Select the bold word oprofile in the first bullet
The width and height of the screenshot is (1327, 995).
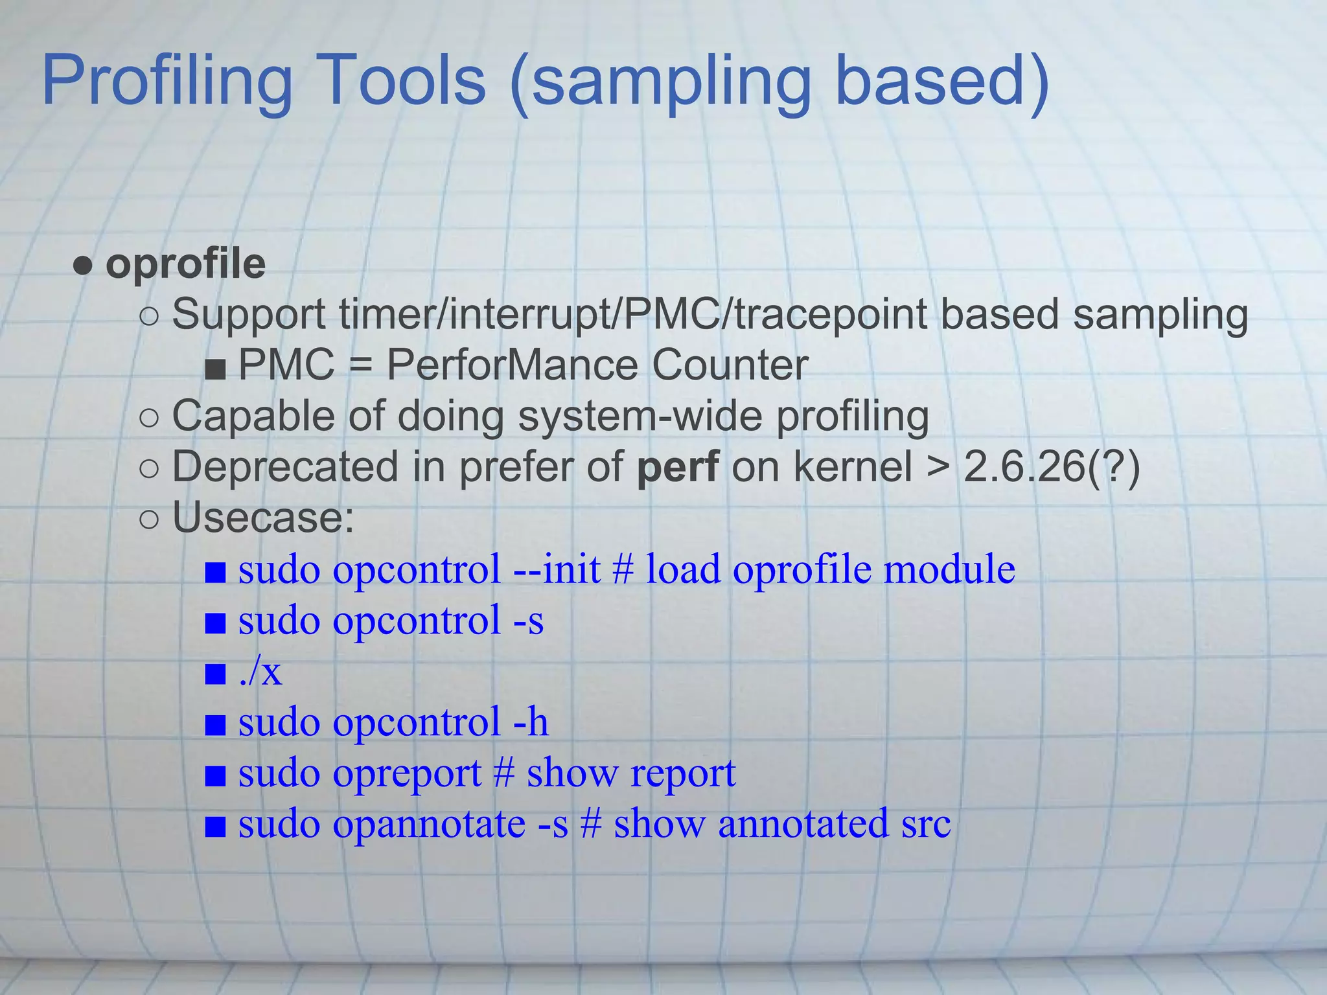tap(185, 264)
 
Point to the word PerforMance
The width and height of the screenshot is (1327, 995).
tap(512, 365)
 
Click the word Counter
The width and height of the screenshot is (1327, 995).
tap(730, 365)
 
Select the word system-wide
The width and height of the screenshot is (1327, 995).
tap(640, 416)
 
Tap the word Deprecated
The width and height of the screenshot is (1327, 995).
tap(285, 466)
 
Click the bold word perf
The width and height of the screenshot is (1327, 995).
tap(678, 466)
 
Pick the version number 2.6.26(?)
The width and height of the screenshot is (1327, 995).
tap(1052, 466)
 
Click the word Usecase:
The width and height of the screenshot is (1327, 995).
tap(263, 518)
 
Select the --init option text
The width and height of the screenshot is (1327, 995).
tap(557, 569)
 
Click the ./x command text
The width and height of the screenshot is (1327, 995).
tap(260, 672)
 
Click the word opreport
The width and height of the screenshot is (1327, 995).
tap(407, 773)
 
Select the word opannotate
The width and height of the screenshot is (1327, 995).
tap(428, 825)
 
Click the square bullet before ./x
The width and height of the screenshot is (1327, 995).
tap(215, 674)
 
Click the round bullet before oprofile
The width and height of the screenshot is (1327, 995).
tap(83, 266)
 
